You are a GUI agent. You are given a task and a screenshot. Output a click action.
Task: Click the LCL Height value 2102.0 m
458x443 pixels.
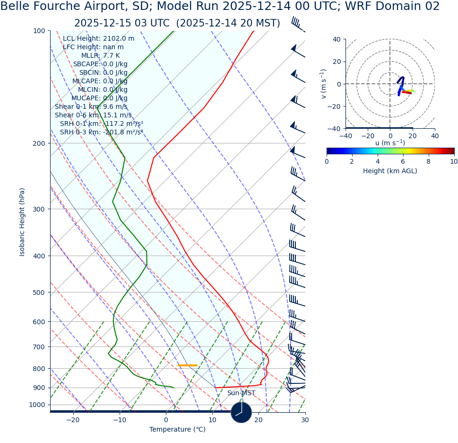point(119,39)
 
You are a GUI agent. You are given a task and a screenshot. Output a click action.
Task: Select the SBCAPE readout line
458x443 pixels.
point(100,64)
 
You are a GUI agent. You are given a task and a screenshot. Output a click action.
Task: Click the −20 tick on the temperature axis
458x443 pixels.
point(73,420)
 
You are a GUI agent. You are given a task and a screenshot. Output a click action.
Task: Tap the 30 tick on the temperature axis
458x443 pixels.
point(305,420)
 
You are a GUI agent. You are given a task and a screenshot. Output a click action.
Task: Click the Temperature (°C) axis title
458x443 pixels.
point(177,430)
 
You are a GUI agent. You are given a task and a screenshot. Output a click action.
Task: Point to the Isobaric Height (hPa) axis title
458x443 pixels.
point(22,222)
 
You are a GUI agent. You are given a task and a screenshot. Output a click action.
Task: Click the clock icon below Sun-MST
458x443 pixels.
point(241,412)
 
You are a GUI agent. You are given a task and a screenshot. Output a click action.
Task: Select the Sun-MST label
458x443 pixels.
point(241,393)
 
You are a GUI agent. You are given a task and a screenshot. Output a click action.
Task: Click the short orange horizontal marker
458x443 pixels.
point(188,365)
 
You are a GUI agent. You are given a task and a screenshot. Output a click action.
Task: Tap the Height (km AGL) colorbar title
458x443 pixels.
point(390,171)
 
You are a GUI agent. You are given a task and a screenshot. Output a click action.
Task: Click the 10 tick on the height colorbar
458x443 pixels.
point(454,161)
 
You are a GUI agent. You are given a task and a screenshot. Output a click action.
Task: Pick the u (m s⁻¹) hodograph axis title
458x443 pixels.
point(390,143)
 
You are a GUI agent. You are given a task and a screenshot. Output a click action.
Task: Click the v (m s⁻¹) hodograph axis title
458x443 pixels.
point(324,84)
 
